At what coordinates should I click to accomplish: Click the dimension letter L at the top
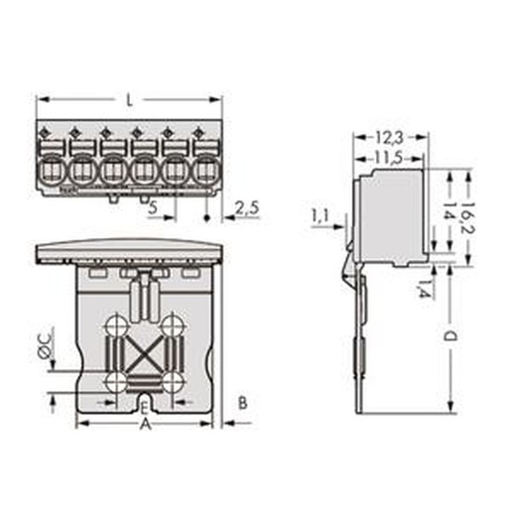[x=130, y=100]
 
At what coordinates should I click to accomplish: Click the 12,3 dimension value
[x=389, y=138]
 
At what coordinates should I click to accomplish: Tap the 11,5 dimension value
[x=388, y=159]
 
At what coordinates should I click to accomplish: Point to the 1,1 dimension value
[x=319, y=216]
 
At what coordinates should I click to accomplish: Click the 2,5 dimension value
[x=247, y=208]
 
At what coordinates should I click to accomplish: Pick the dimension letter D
[x=449, y=336]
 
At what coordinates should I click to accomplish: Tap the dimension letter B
[x=243, y=403]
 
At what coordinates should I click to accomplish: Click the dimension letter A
[x=146, y=424]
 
